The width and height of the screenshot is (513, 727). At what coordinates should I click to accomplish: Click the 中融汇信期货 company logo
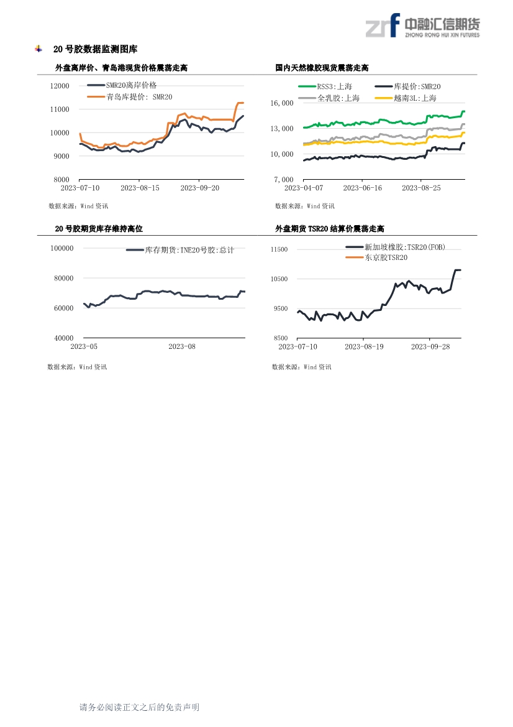point(422,26)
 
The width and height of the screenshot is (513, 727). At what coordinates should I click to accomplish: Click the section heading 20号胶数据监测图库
point(95,49)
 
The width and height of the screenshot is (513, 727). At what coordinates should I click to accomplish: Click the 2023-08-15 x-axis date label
point(139,187)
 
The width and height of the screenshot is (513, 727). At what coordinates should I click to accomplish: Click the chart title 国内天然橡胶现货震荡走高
point(322,68)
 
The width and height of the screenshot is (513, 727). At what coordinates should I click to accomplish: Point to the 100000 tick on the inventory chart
point(61,248)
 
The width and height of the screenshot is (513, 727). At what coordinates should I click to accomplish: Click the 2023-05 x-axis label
point(84,346)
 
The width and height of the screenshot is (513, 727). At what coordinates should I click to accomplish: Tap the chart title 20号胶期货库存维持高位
point(99,229)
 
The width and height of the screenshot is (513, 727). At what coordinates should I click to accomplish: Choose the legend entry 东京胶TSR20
point(386,257)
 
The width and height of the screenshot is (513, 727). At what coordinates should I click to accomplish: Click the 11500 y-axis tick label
point(279,249)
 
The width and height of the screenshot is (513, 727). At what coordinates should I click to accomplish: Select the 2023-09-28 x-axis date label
point(432,346)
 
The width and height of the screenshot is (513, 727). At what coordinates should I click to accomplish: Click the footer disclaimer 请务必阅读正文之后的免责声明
point(139,707)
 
